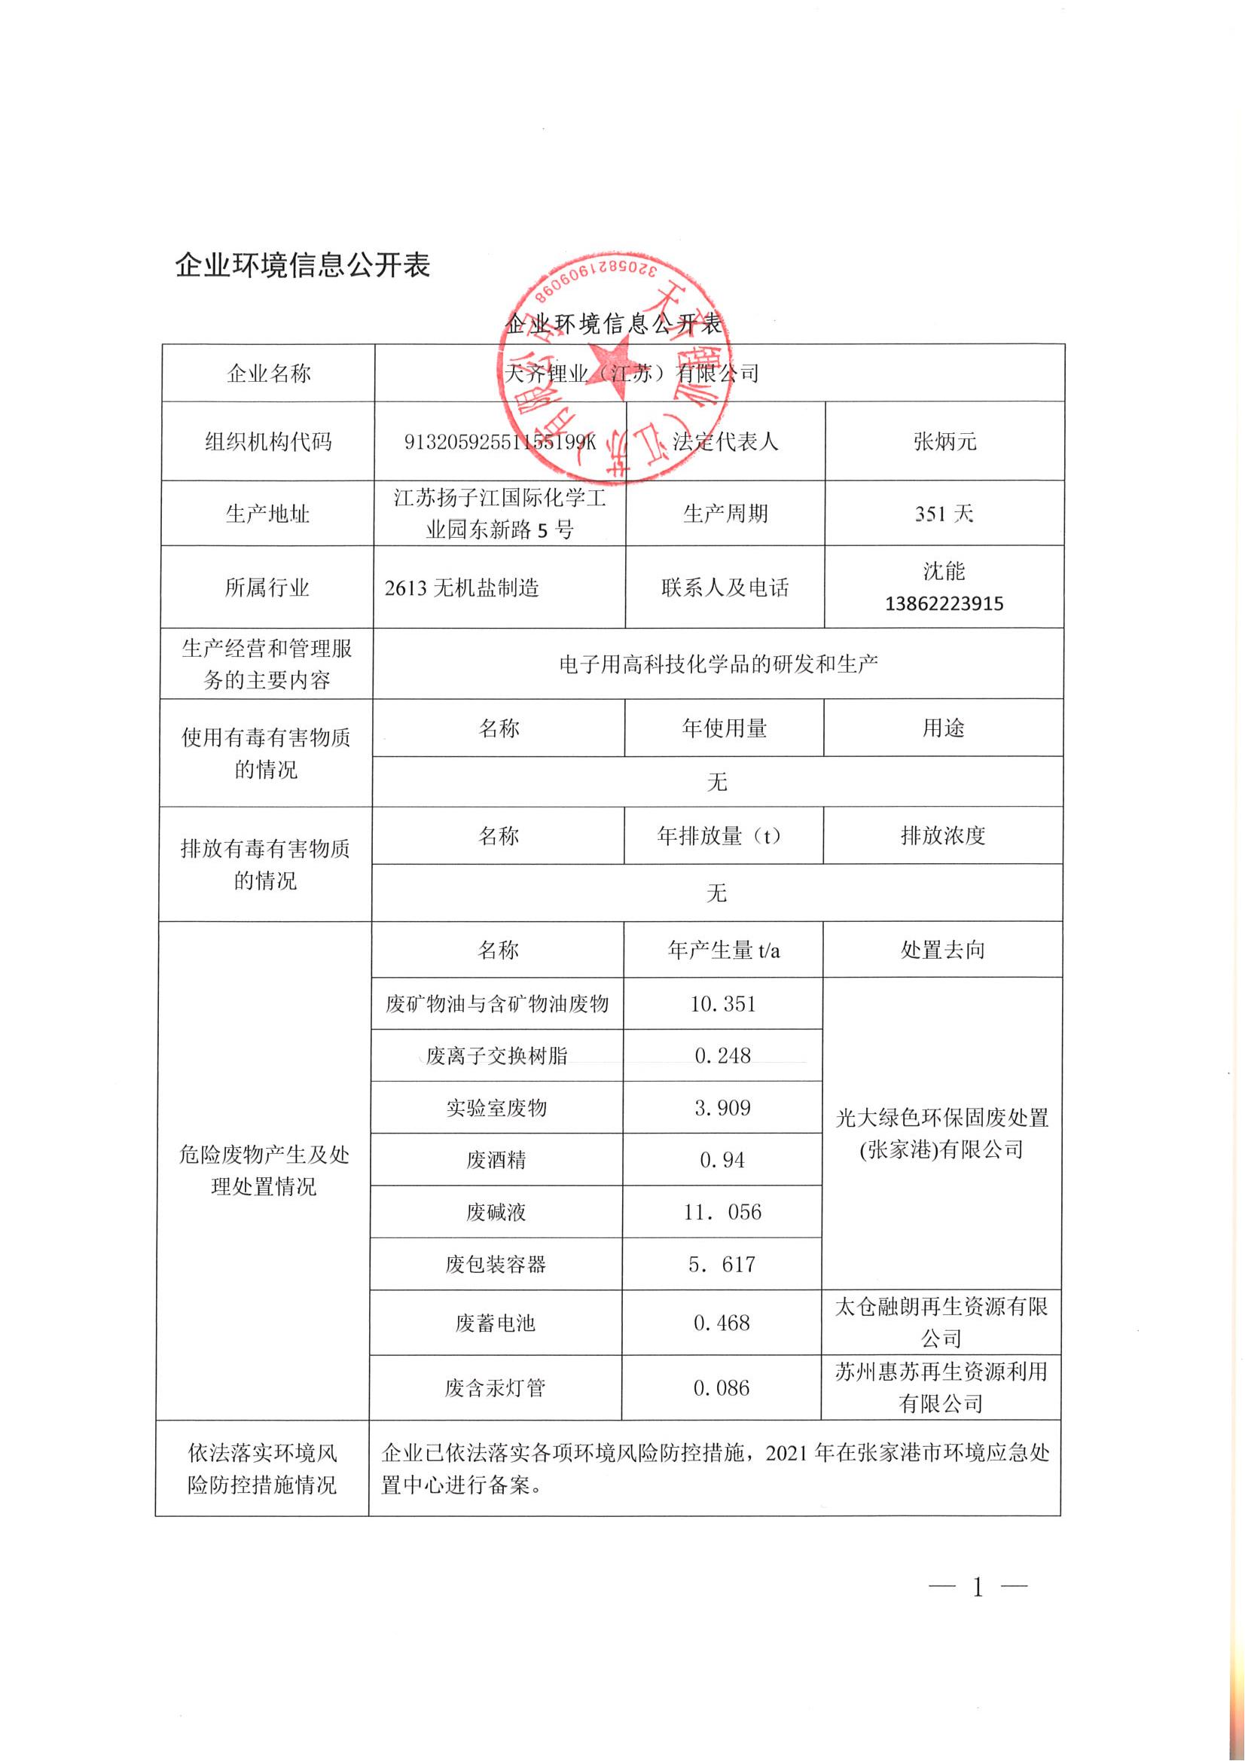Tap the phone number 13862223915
pyautogui.click(x=944, y=603)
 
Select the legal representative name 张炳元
pyautogui.click(x=944, y=442)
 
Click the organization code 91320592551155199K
pyautogui.click(x=499, y=442)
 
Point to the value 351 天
pyautogui.click(x=944, y=514)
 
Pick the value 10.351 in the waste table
pyautogui.click(x=722, y=1004)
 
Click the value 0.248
pyautogui.click(x=722, y=1056)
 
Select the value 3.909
pyautogui.click(x=722, y=1107)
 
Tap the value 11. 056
pyautogui.click(x=722, y=1212)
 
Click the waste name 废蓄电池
pyautogui.click(x=496, y=1323)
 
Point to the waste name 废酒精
pyautogui.click(x=496, y=1160)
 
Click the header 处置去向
pyautogui.click(x=942, y=951)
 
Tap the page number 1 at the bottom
pyautogui.click(x=978, y=1587)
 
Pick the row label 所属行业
pyautogui.click(x=267, y=588)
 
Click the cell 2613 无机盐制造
pyautogui.click(x=462, y=588)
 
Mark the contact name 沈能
pyautogui.click(x=944, y=572)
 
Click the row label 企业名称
pyautogui.click(x=268, y=374)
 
